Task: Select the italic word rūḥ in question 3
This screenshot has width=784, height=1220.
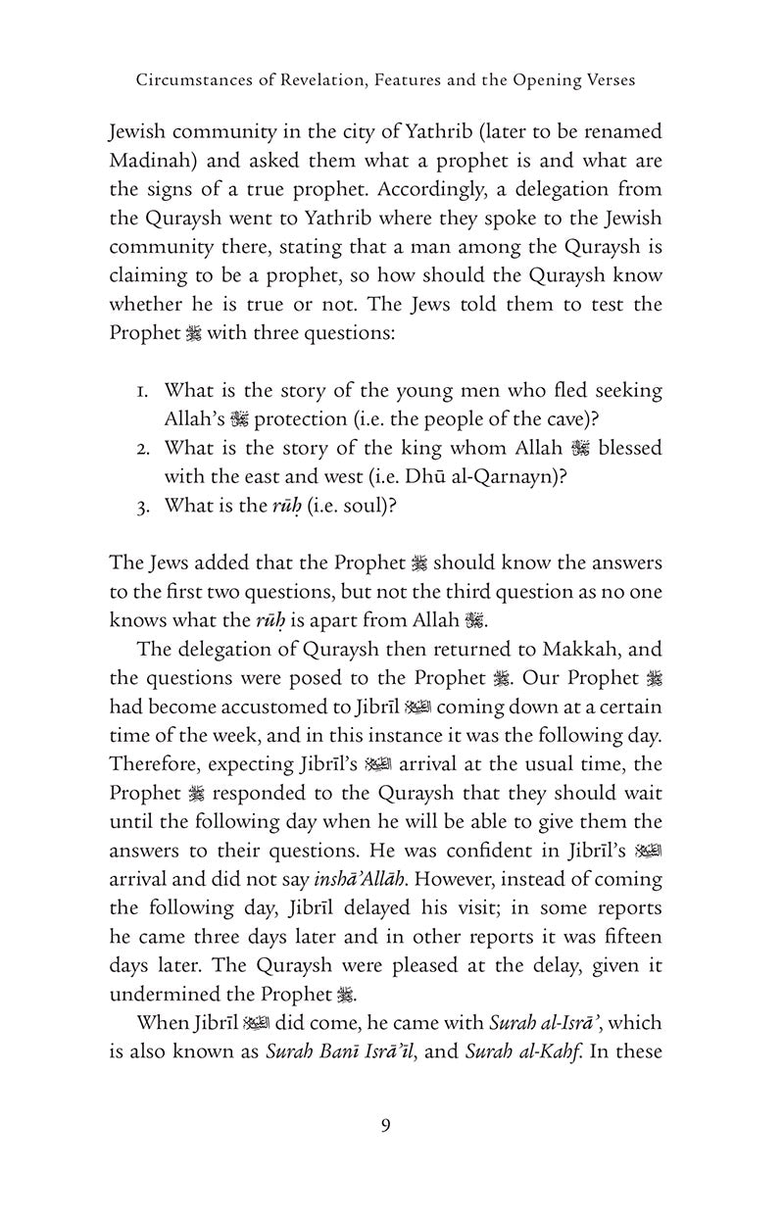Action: tap(282, 506)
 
